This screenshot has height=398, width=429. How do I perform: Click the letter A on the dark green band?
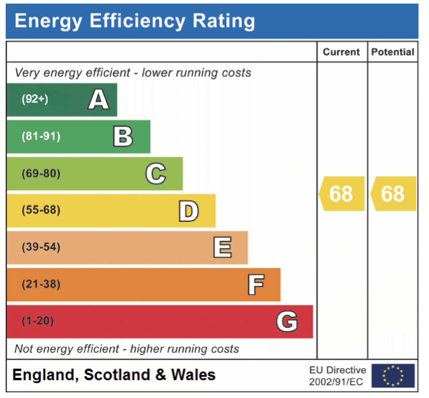[x=98, y=99]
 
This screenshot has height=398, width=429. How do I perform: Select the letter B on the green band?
[x=123, y=136]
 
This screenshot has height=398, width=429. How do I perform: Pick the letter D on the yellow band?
[x=189, y=211]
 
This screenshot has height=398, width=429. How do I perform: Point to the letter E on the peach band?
[x=222, y=247]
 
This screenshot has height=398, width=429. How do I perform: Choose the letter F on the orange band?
[x=256, y=284]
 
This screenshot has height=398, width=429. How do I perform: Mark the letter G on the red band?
[x=287, y=321]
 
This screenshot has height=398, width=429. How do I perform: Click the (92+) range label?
[x=35, y=99]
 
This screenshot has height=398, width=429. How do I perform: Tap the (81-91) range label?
[x=41, y=136]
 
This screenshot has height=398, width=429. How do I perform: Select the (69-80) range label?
[x=41, y=173]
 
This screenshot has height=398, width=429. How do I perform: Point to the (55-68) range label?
[x=41, y=210]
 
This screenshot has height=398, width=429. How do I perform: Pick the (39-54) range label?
[x=41, y=247]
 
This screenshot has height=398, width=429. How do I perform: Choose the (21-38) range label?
[x=41, y=284]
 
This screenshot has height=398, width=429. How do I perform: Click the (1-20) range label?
[x=38, y=321]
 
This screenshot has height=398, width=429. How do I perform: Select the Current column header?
[x=341, y=52]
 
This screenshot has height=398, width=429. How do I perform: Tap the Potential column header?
[x=393, y=52]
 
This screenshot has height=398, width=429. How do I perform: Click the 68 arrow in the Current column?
[x=342, y=194]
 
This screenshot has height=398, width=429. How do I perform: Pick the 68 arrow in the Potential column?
[x=393, y=194]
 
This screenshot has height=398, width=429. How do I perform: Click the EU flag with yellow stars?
[x=393, y=375]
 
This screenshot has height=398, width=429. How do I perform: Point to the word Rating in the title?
[x=223, y=21]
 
